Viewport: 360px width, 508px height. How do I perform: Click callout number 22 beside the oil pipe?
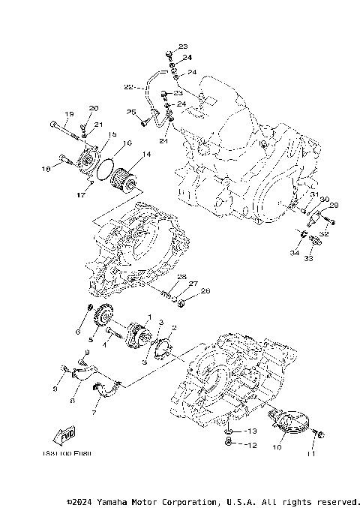click(128, 87)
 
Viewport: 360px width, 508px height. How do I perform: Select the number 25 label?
click(131, 113)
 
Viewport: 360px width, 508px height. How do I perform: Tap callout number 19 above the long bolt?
click(68, 114)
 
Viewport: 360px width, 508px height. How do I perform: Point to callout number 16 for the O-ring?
click(127, 143)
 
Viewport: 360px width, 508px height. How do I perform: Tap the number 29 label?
click(334, 206)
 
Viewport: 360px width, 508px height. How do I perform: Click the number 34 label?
click(295, 253)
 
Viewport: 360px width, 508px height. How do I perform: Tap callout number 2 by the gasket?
click(174, 328)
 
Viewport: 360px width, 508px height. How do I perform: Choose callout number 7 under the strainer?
click(95, 413)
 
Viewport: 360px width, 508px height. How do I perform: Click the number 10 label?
click(277, 447)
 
